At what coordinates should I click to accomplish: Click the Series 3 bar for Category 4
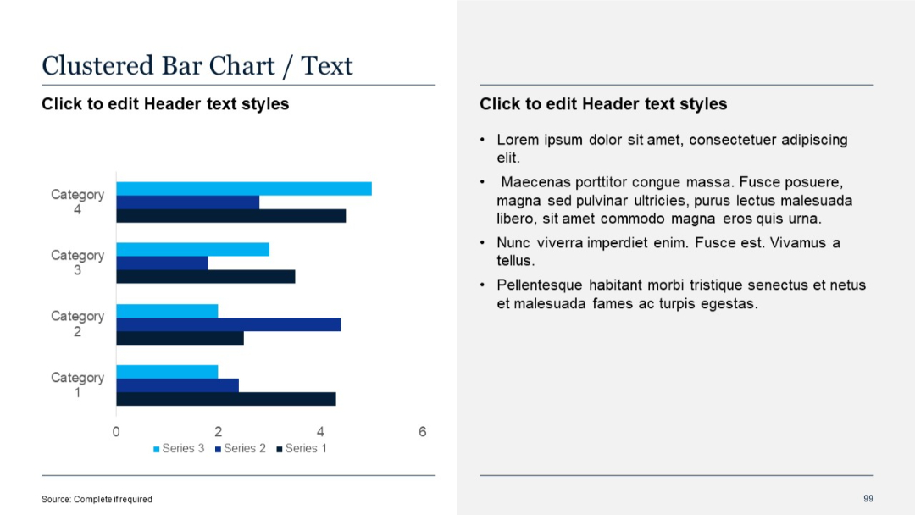[x=244, y=189]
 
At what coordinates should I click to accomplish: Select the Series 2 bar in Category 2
[x=229, y=324]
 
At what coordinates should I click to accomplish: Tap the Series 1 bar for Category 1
[x=226, y=399]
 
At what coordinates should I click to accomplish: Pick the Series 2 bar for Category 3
[x=162, y=263]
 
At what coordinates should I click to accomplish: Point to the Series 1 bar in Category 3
[x=206, y=277]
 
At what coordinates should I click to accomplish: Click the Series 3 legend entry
[x=179, y=448]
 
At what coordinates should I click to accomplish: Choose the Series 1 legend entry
[x=302, y=448]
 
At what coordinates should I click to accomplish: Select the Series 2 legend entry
[x=241, y=448]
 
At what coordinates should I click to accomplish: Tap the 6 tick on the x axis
[x=422, y=432]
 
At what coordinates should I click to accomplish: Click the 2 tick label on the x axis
[x=218, y=432]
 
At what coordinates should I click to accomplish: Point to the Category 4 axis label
[x=77, y=202]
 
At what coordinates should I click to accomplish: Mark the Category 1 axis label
[x=77, y=385]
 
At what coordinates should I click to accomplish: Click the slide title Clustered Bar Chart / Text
[x=197, y=65]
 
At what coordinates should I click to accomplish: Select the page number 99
[x=868, y=498]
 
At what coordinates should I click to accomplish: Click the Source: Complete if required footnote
[x=97, y=499]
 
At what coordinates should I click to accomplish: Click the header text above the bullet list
[x=603, y=104]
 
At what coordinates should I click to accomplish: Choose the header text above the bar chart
[x=165, y=104]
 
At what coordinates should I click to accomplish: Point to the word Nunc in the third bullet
[x=513, y=243]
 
